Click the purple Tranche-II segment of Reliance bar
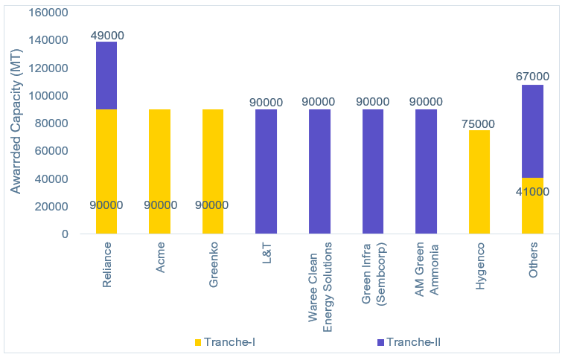(106, 75)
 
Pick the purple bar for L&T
(266, 172)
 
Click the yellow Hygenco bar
(479, 182)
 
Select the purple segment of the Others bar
(532, 131)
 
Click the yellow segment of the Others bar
(532, 212)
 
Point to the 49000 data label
(106, 35)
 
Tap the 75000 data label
(479, 123)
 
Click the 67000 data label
(532, 77)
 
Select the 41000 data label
(532, 191)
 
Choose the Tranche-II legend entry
(409, 342)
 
